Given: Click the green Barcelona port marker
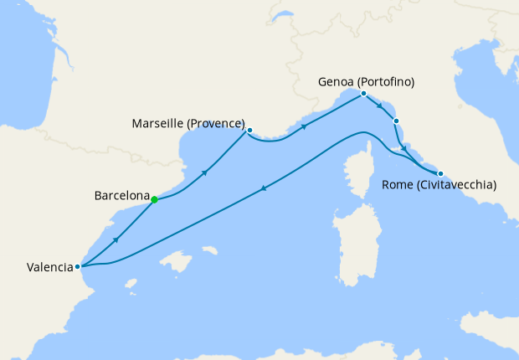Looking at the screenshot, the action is pos(154,199).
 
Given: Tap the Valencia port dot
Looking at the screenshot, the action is pos(78,267).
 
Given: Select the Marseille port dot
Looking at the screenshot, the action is pos(249,130).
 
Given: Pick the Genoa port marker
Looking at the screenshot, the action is pos(363,94).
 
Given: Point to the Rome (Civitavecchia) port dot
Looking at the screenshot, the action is pos(440,173).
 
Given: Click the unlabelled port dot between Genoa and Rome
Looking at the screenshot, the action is pos(396,121).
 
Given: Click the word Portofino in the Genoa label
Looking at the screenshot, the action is pos(386,82).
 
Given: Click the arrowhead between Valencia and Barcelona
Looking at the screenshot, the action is pos(116,239).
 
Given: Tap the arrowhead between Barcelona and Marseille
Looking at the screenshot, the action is pos(204,172).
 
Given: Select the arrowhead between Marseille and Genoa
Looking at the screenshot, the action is pos(303,127).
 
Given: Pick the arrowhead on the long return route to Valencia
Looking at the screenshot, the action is pos(265,188).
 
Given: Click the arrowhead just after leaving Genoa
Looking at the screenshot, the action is pos(381,107).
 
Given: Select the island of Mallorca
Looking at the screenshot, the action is pos(177,263).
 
